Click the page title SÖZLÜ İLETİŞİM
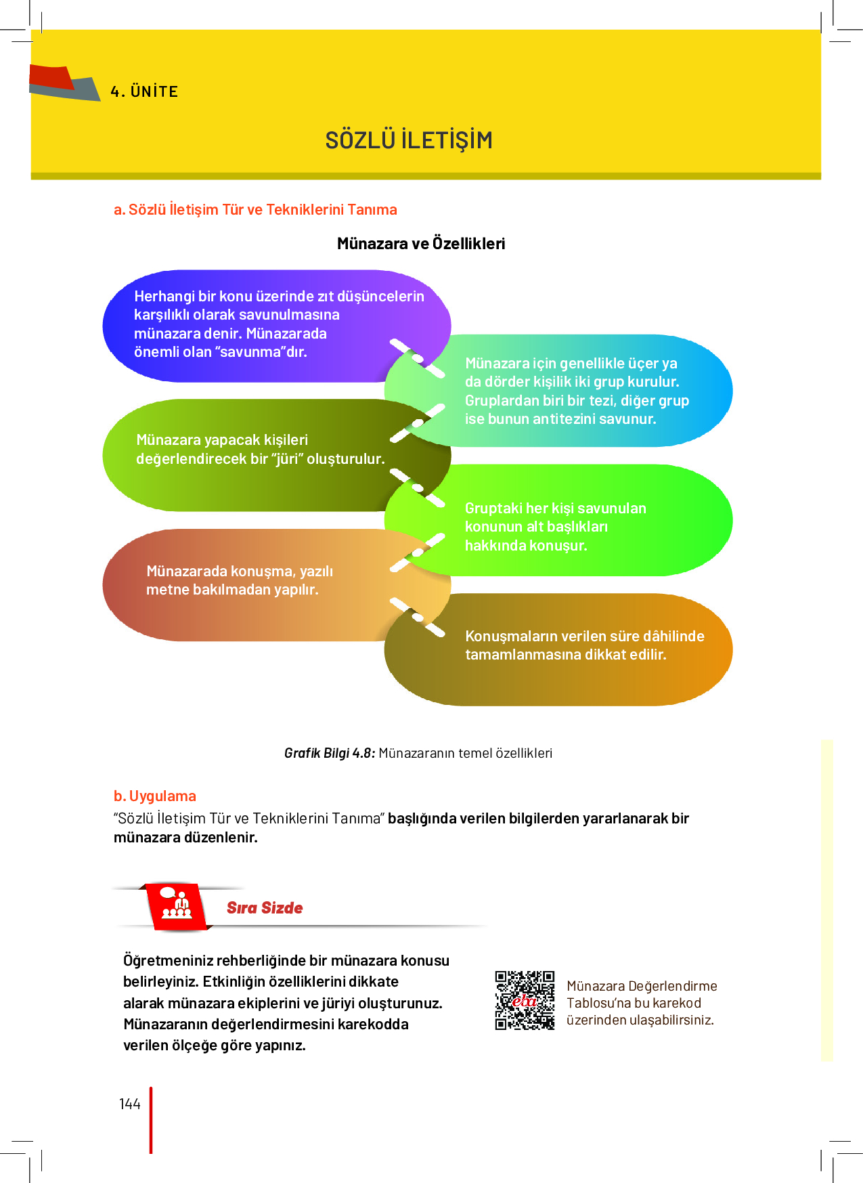click(409, 139)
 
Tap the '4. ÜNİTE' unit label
click(144, 91)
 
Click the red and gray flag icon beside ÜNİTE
click(64, 83)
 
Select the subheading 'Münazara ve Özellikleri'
click(421, 244)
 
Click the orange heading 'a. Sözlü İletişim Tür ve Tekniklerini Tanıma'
click(255, 210)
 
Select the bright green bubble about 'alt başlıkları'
click(558, 520)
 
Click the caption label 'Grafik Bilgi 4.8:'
click(330, 753)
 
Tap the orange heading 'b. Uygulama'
click(155, 796)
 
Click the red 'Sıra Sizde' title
click(265, 908)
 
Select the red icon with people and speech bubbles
click(176, 906)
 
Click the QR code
click(525, 1000)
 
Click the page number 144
click(130, 1104)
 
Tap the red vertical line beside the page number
click(151, 1120)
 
